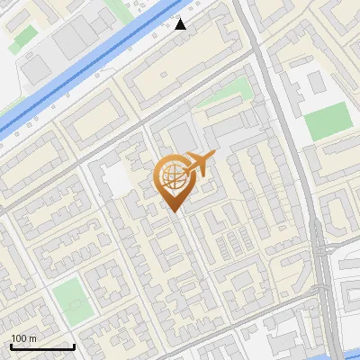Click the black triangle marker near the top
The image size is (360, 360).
(x=181, y=24)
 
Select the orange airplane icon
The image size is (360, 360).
(x=199, y=164)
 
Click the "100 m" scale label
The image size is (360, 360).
(x=24, y=338)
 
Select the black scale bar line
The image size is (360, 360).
(x=42, y=347)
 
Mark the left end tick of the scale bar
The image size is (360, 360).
(x=11, y=346)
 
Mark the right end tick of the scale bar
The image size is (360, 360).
(x=74, y=346)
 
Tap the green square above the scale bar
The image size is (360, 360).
(x=71, y=296)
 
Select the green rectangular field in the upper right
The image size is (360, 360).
(x=326, y=121)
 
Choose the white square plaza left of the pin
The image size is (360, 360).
(x=116, y=180)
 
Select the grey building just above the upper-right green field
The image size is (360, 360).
(x=315, y=83)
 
